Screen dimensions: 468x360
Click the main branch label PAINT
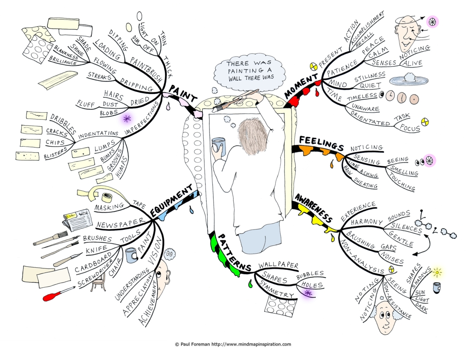tap(183, 94)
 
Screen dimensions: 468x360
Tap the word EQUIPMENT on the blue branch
tap(171, 201)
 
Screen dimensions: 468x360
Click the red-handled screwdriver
tap(58, 293)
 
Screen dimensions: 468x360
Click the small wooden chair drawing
tap(98, 281)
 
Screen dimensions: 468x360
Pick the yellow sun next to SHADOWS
tap(437, 272)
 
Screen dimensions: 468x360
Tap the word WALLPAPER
tap(278, 265)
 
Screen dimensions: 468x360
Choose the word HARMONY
tap(366, 222)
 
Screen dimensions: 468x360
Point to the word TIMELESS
tap(362, 97)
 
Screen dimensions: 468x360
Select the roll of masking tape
tap(107, 197)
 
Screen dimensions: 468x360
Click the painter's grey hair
tap(253, 136)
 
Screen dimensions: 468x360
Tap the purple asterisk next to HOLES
tap(308, 293)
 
